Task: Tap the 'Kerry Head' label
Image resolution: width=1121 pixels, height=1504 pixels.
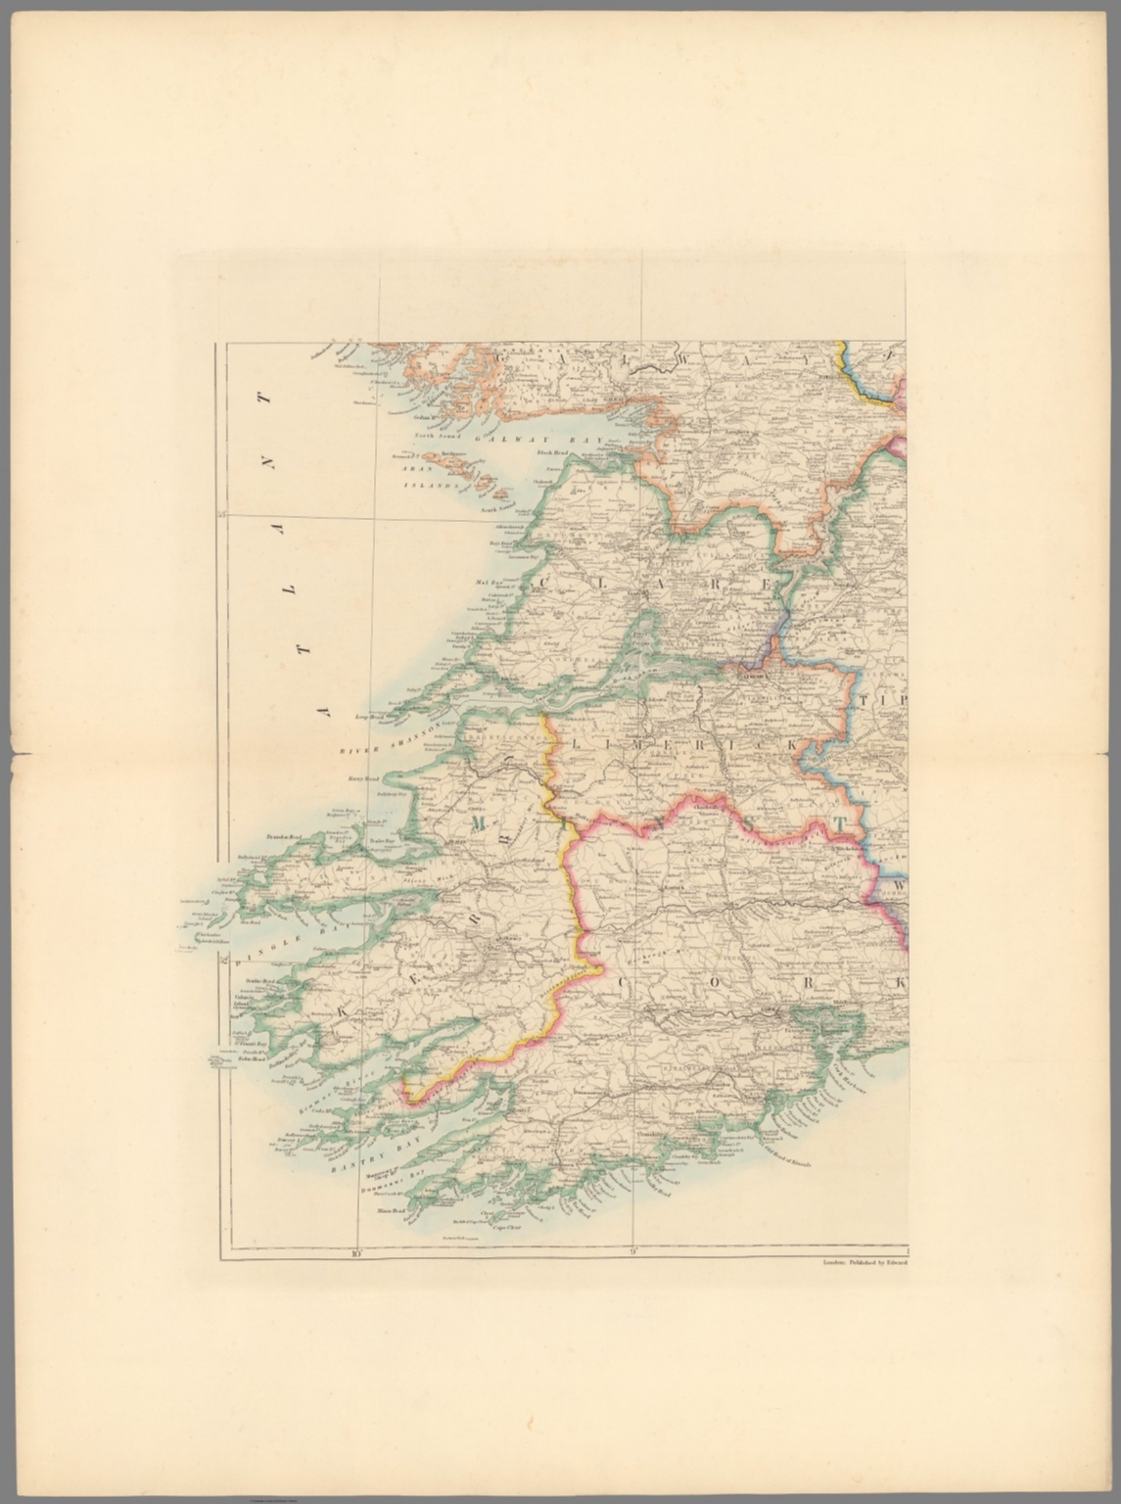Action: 362,779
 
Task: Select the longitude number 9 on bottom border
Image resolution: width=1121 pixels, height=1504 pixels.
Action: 632,1250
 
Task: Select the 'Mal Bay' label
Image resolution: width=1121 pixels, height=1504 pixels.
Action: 487,582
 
